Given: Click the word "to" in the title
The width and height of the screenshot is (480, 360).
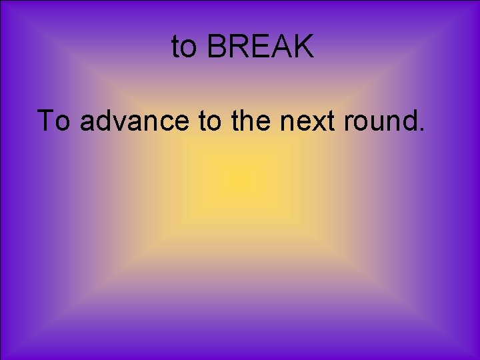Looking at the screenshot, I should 185,47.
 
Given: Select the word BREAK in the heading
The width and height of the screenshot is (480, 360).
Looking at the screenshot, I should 260,47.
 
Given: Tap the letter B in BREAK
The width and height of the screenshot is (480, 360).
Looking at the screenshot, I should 217,47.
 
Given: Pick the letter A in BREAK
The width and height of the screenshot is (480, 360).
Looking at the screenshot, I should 281,47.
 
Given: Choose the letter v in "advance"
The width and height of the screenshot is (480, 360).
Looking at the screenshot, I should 127,123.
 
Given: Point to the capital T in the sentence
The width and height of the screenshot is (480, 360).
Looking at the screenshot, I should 47,121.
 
